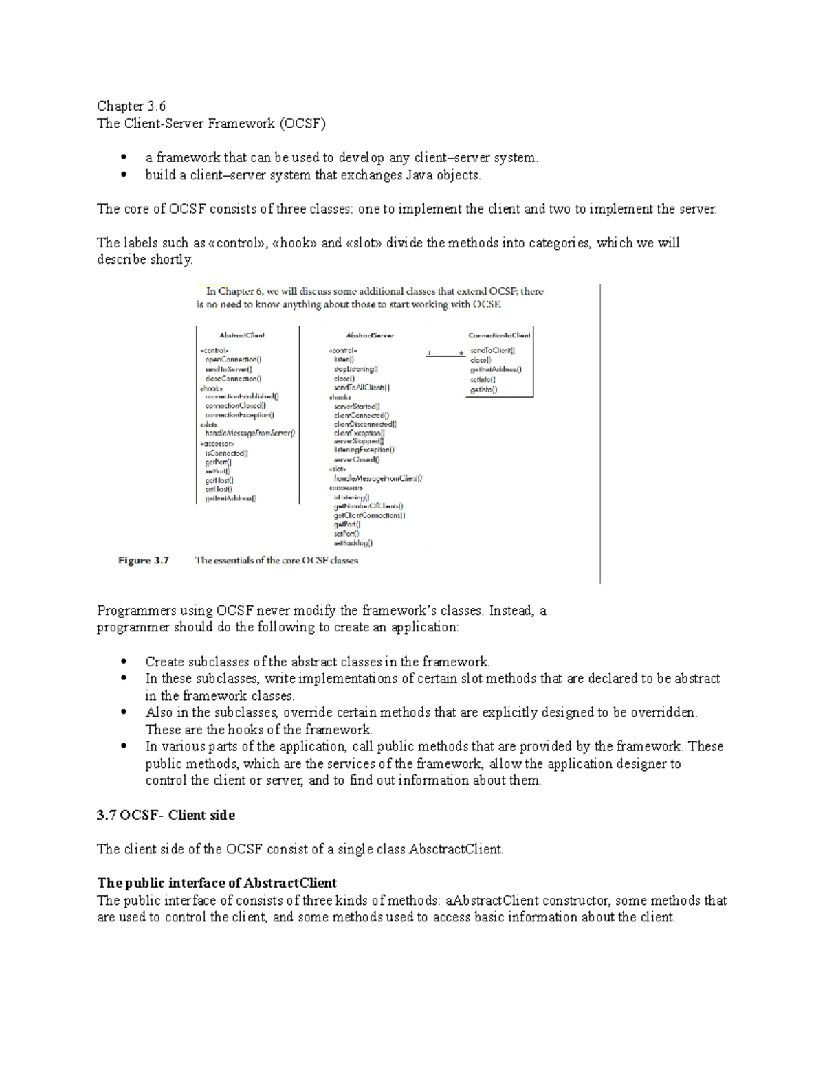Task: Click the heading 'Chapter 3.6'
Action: tap(131, 106)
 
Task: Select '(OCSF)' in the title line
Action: tap(302, 124)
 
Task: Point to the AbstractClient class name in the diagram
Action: tap(241, 335)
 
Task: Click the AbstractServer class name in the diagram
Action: tap(370, 335)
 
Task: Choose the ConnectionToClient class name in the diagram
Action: tap(499, 335)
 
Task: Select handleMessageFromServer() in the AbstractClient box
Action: tap(250, 434)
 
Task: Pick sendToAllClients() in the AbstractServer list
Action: tap(362, 388)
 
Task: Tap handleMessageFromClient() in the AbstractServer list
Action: tap(378, 478)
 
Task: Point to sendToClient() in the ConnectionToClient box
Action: tap(492, 350)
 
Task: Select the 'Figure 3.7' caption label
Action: tap(144, 561)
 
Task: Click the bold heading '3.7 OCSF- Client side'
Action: tap(166, 816)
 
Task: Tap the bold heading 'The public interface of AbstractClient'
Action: tap(217, 883)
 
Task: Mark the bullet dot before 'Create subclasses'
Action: tap(124, 662)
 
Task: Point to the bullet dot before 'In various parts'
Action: tap(124, 747)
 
